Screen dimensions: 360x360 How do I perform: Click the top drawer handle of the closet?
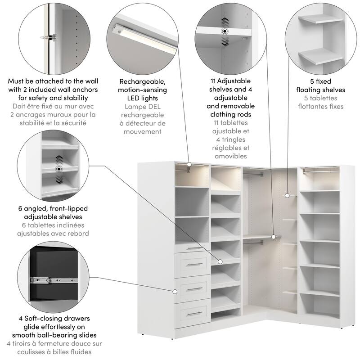pos(195,248)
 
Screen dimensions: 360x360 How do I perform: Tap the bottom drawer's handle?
pos(195,313)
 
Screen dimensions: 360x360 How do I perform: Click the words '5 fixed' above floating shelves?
pos(321,81)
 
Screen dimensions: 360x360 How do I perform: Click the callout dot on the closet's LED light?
pos(189,165)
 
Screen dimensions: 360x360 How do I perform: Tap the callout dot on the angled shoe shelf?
pos(220,261)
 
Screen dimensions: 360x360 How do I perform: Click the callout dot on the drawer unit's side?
pos(174,291)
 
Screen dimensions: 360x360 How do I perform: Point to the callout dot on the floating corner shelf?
pos(287,195)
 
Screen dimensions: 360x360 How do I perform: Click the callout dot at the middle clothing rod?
pos(273,236)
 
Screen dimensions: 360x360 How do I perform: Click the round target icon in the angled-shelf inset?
pos(58,169)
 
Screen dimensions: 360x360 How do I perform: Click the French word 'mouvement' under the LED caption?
pos(143,131)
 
